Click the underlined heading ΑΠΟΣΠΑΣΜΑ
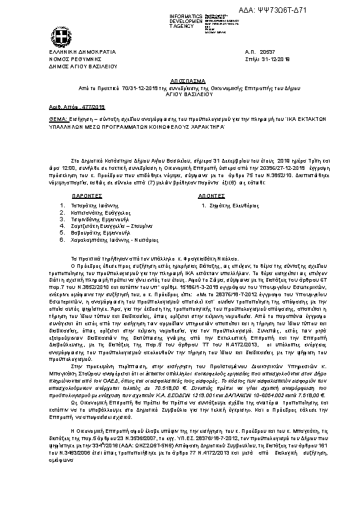180,80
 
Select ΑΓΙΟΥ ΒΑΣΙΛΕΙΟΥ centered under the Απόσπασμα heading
180,94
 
